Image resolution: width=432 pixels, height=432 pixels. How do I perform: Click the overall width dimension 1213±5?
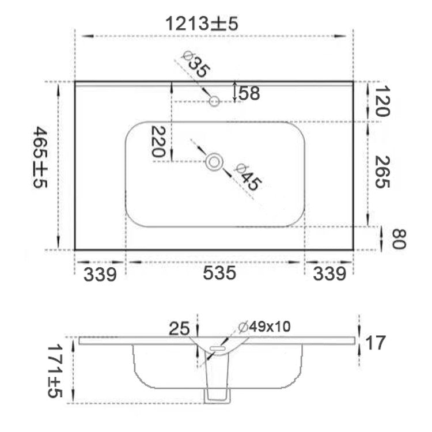coord(202,24)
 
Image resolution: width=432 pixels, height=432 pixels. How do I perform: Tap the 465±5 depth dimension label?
coord(40,157)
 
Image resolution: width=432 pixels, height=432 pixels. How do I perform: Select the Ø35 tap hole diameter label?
coord(196,65)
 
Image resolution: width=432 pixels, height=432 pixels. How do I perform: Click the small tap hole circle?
coord(214,101)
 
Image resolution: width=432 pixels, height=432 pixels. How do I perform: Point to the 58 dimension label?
coord(249,93)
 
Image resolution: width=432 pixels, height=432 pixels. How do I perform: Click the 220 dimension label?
coord(159,142)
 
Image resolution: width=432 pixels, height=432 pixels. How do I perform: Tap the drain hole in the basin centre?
coord(214,162)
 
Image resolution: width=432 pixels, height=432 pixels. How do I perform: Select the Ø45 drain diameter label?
coord(248,177)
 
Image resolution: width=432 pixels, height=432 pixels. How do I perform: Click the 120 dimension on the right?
coord(382,101)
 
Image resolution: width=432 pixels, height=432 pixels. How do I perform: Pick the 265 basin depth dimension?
coord(382,172)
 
